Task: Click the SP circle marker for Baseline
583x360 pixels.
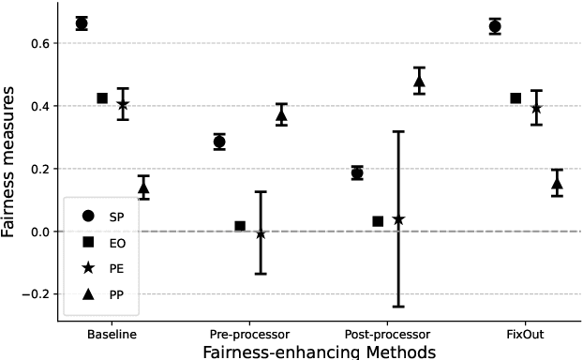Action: click(x=82, y=23)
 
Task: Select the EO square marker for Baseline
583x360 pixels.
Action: click(x=102, y=98)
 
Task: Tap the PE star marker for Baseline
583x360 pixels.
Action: click(x=123, y=104)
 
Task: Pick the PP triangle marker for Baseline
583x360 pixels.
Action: click(x=143, y=187)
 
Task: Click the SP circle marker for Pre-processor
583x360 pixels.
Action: click(x=219, y=142)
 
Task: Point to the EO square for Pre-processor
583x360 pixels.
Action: click(x=240, y=226)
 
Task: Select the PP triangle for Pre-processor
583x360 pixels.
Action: click(x=281, y=115)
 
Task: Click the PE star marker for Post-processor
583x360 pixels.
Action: click(x=398, y=219)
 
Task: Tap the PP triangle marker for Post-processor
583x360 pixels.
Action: click(x=419, y=81)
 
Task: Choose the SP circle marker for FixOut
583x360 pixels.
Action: click(x=495, y=26)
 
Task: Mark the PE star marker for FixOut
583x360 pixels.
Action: click(x=536, y=108)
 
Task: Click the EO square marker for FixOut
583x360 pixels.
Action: click(x=516, y=98)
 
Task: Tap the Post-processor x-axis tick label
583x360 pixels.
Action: click(x=388, y=335)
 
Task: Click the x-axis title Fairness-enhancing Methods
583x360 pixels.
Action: click(x=319, y=352)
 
